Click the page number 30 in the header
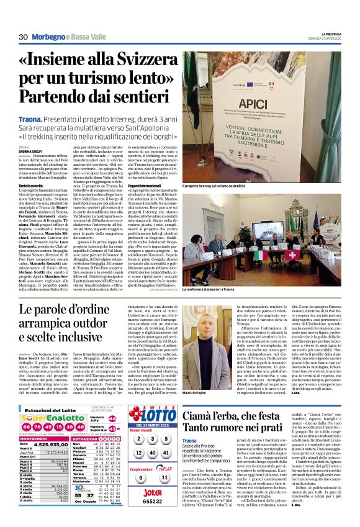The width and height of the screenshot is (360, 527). (x=24, y=37)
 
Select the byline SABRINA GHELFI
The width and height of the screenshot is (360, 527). (x=28, y=151)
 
